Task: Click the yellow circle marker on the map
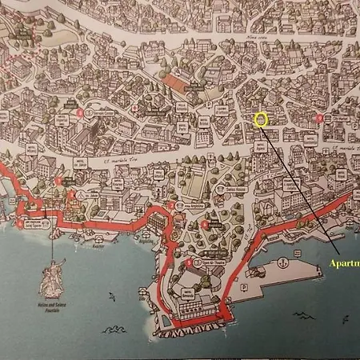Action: (260, 120)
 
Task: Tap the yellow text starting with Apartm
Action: (344, 264)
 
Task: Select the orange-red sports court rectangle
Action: (178, 82)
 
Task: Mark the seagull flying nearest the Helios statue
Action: (111, 298)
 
